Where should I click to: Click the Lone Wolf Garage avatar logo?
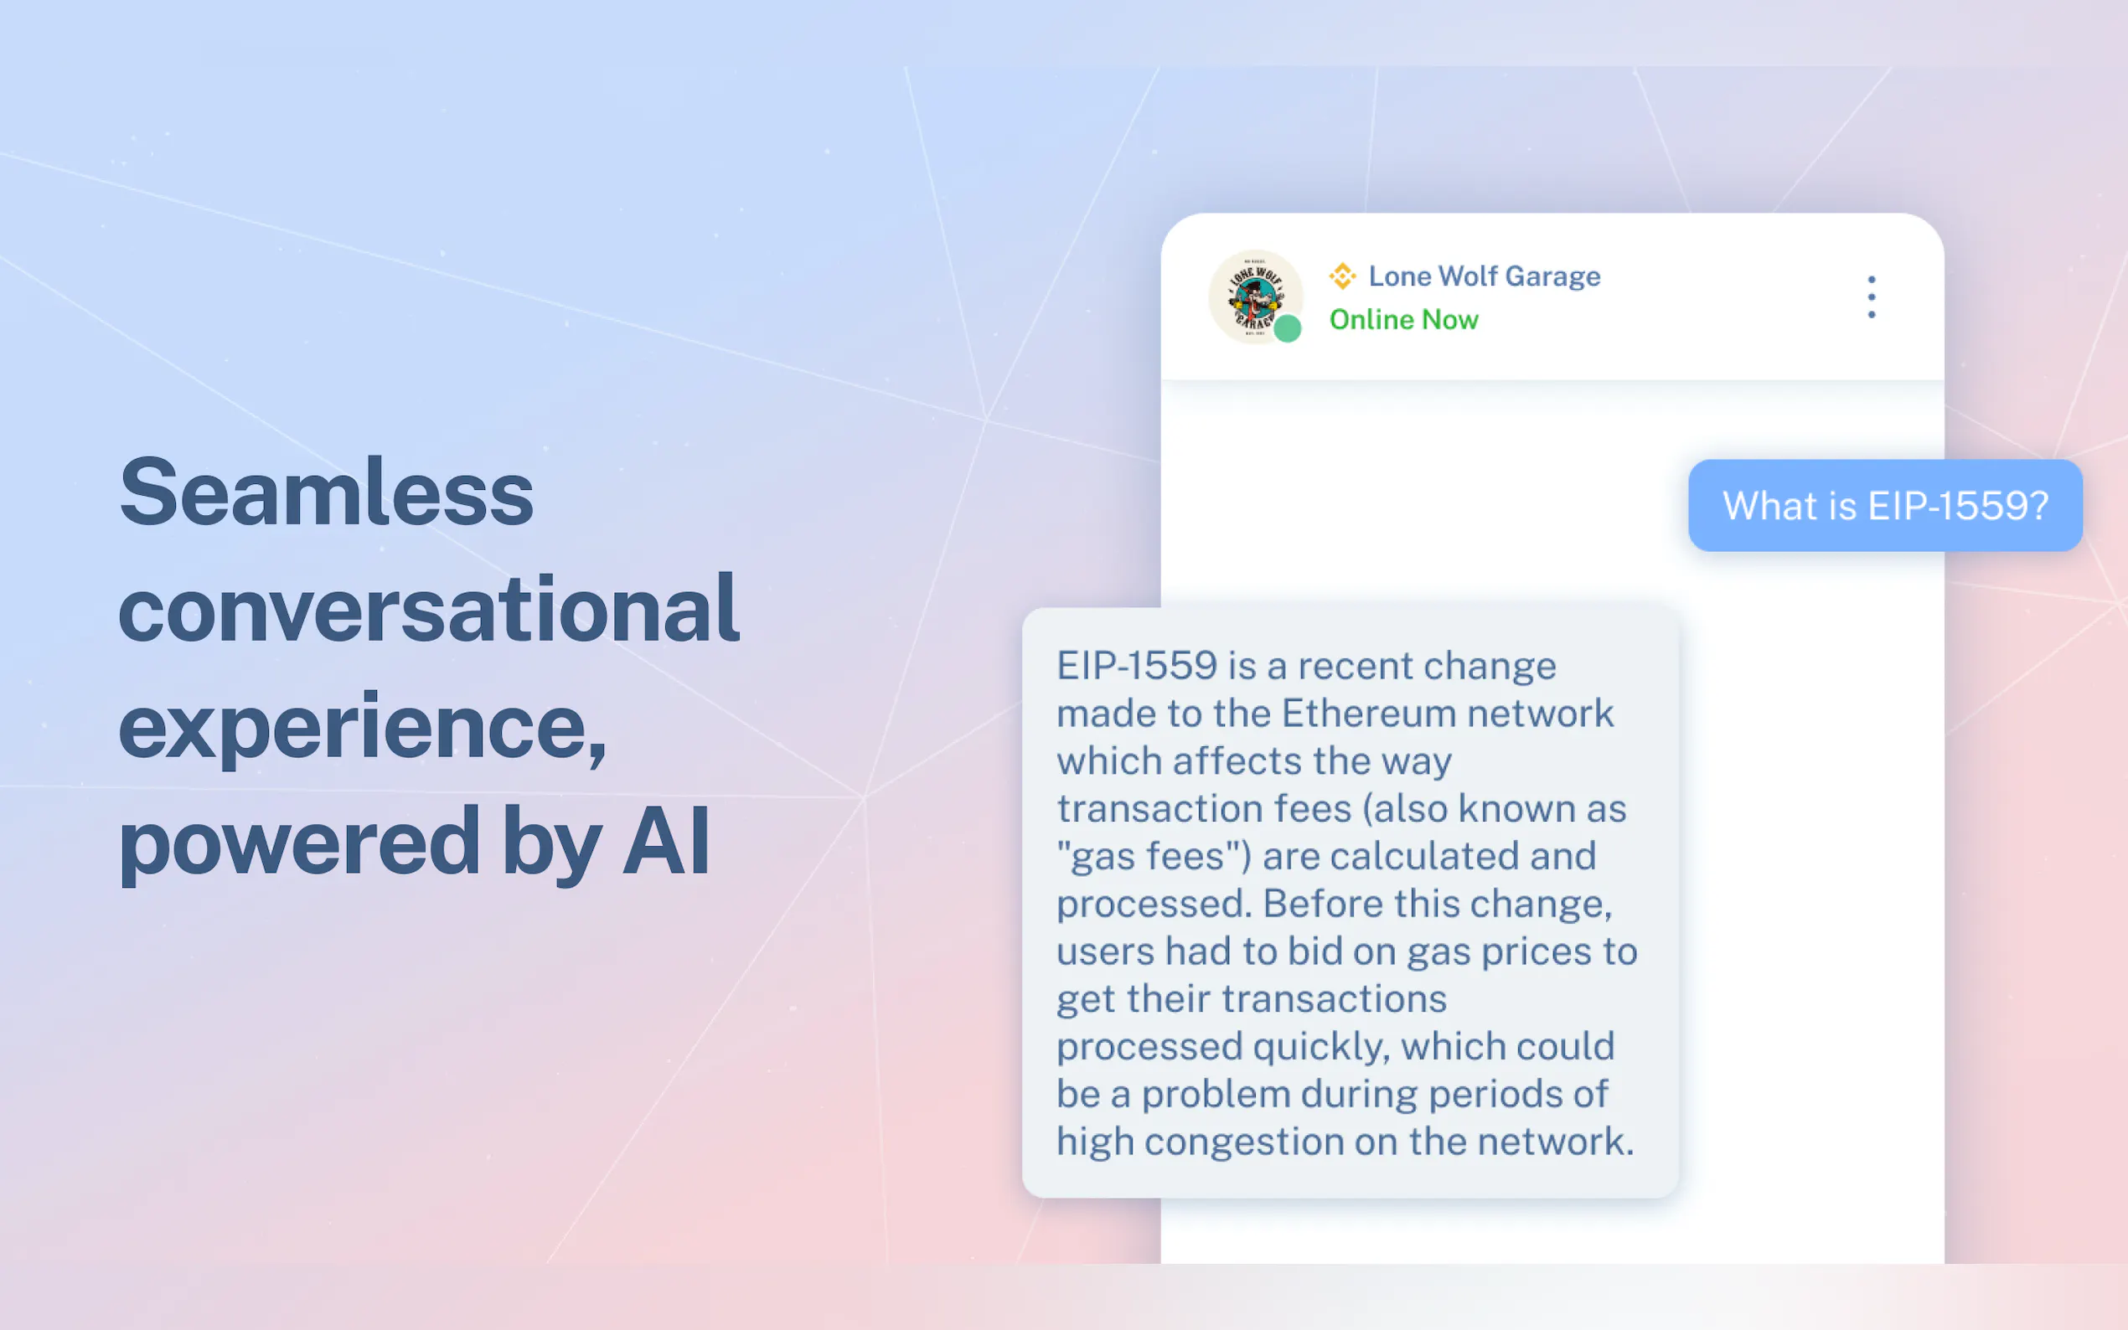point(1255,297)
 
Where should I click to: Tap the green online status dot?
point(1288,328)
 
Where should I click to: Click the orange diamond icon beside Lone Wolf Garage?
point(1342,276)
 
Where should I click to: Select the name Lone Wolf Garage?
point(1485,276)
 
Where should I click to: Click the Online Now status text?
point(1404,319)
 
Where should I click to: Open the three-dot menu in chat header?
point(1871,296)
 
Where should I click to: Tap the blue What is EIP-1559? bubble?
point(1885,506)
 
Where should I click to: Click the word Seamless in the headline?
point(327,492)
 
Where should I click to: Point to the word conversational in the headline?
point(429,609)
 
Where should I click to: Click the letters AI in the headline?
point(666,842)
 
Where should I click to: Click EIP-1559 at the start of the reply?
point(1137,666)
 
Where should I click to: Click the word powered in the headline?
point(299,844)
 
